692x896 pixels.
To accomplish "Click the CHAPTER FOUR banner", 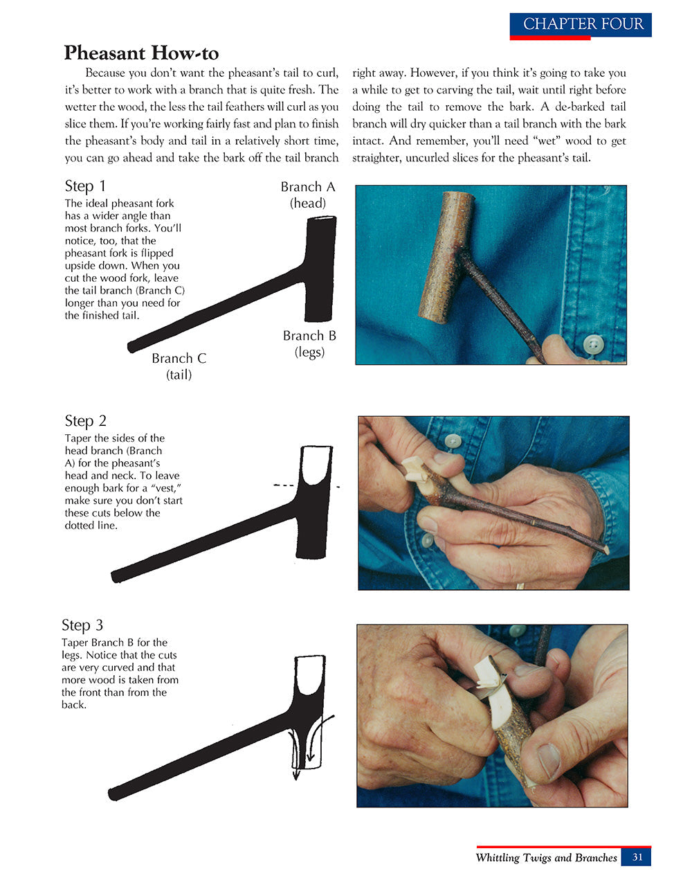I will coord(581,24).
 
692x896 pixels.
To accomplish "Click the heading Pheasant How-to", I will coord(141,53).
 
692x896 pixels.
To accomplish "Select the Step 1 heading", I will coord(85,186).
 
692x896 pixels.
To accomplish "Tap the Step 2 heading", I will coord(85,420).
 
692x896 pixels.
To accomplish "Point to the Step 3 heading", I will coord(82,625).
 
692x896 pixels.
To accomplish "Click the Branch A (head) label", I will coord(308,195).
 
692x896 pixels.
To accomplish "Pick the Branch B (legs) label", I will coord(309,343).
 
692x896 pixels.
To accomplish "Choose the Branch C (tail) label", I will coord(179,366).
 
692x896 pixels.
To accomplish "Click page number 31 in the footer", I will coord(637,857).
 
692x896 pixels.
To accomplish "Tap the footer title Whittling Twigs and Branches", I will coord(546,857).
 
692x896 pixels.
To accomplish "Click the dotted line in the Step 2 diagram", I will coord(304,486).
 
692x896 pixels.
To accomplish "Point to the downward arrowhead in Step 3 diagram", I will coord(296,774).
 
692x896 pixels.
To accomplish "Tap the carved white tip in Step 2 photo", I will coord(412,474).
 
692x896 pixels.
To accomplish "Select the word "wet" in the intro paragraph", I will coord(548,141).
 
